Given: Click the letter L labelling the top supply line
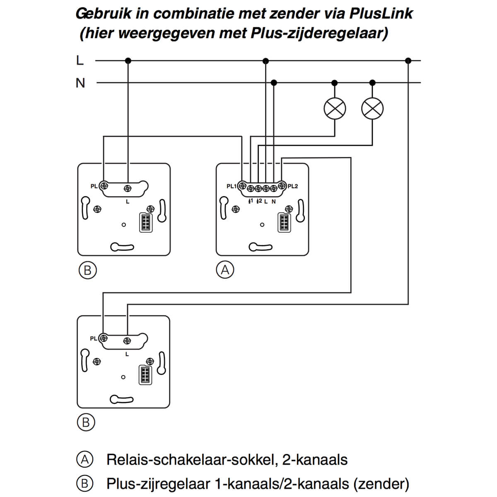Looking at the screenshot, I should click(80, 60).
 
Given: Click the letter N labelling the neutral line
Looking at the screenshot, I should click(80, 83).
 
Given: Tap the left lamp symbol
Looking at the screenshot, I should click(334, 109).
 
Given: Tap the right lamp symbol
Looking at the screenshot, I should click(372, 109).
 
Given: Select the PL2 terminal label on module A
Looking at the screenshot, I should click(292, 186).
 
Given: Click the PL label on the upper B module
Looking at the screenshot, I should click(94, 186).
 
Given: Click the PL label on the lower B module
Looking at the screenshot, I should click(94, 338).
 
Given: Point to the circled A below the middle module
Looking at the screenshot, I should click(225, 270).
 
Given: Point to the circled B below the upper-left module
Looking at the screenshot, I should click(87, 270).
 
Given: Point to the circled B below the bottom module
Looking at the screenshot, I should click(86, 422).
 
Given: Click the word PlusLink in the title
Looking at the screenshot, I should click(381, 14).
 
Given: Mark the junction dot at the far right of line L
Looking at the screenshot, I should click(408, 61).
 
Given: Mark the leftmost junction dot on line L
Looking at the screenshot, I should click(128, 61).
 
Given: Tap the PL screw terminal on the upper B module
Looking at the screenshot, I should click(104, 186).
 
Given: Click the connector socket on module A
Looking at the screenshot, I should click(284, 222).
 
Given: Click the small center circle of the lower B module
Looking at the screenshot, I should click(123, 377).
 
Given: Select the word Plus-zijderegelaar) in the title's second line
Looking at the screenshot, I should click(319, 33).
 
